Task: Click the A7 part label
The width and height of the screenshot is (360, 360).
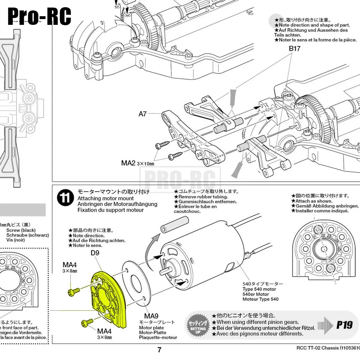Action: [x=143, y=114]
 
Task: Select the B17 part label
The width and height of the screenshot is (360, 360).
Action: [x=294, y=48]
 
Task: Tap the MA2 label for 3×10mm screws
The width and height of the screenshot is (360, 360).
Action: [x=128, y=163]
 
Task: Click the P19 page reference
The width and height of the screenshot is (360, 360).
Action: [x=344, y=325]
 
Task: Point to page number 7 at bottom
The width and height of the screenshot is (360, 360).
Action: [x=159, y=350]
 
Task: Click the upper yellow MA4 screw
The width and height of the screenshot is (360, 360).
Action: [x=74, y=292]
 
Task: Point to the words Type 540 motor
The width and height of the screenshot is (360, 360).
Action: [x=259, y=289]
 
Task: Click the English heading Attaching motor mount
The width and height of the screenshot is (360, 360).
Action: [x=105, y=198]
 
